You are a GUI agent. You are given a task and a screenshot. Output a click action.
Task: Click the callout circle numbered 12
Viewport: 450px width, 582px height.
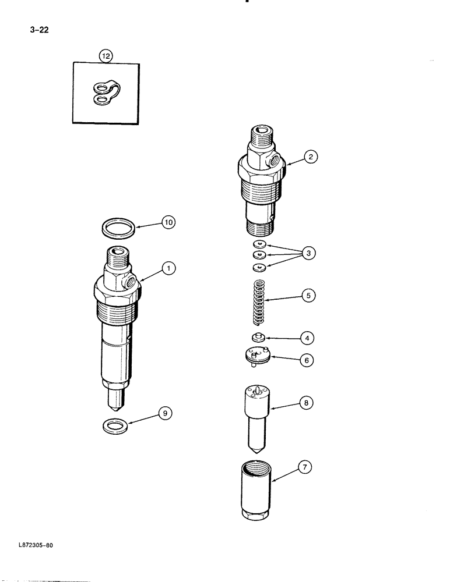pos(106,56)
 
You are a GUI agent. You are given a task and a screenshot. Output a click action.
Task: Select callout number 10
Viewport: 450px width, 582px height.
pos(168,222)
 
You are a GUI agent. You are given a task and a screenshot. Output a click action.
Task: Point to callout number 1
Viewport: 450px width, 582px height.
pos(168,268)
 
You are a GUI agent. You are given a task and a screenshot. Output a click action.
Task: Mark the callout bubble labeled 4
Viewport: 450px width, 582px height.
pos(307,337)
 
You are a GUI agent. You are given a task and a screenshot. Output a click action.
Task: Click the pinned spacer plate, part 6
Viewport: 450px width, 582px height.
pos(257,356)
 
